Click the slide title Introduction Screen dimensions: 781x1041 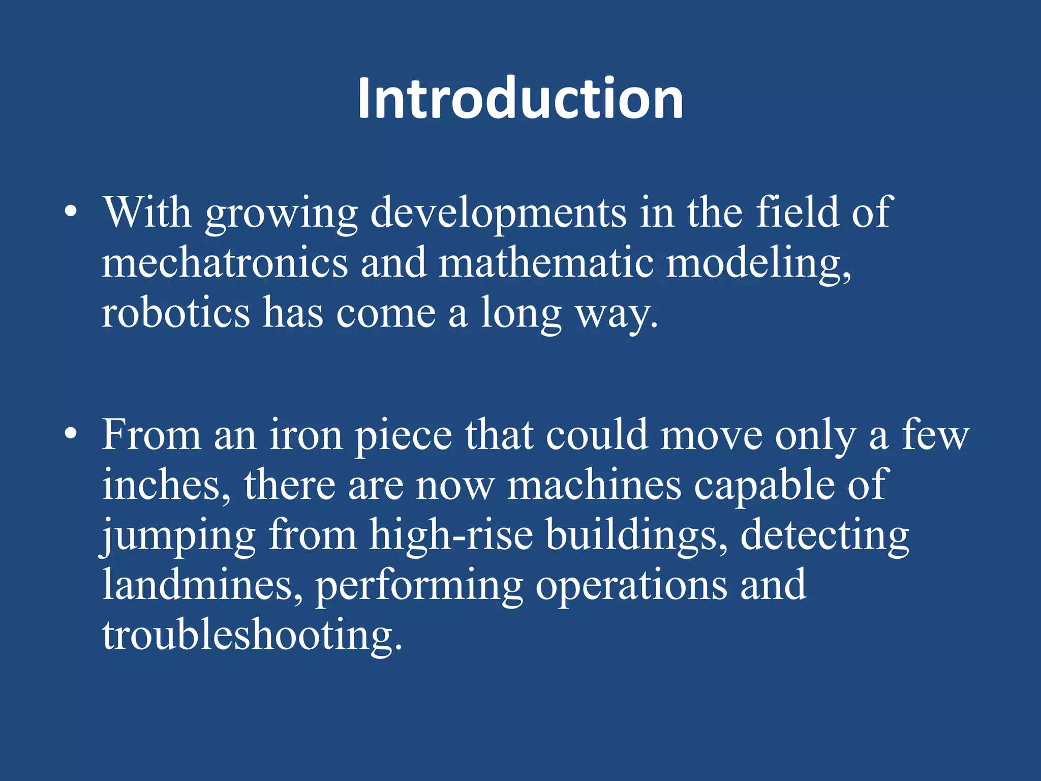tap(520, 99)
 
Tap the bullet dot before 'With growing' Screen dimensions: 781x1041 tap(71, 212)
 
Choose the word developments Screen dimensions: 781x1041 tap(498, 214)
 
